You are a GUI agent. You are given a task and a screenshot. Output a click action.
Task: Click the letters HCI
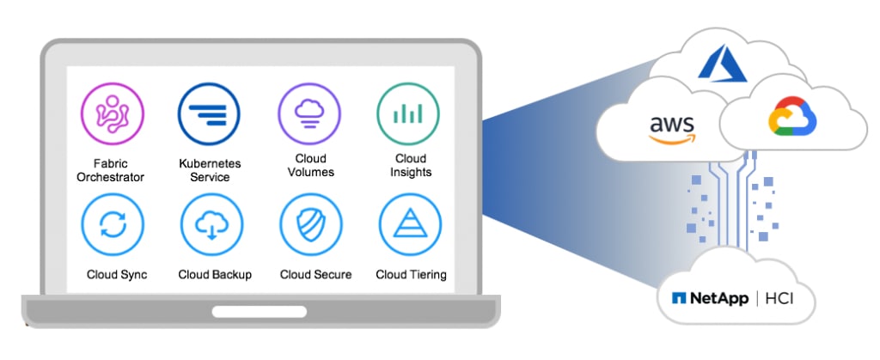click(782, 299)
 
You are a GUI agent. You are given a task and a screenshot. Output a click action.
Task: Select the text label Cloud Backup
click(215, 275)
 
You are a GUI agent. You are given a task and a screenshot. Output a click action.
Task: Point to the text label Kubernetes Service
click(210, 170)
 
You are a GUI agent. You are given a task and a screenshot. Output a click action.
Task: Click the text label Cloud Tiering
click(411, 275)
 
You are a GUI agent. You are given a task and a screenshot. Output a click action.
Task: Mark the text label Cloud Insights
click(411, 165)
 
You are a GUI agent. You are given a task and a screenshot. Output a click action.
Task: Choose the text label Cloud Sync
click(117, 275)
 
